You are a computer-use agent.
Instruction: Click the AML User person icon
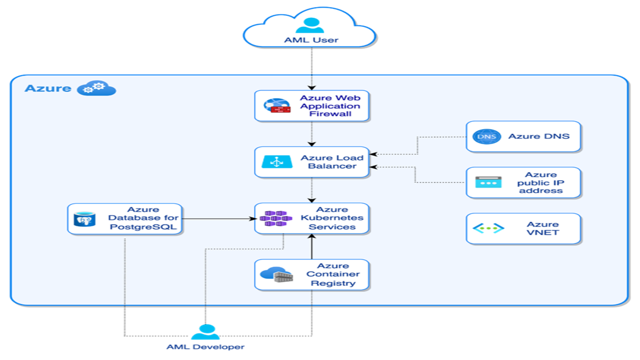310,25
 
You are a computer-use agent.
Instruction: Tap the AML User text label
311,40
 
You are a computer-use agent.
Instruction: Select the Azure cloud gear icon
96,88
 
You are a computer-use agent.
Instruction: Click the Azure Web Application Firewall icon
276,106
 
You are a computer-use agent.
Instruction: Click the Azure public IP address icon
487,182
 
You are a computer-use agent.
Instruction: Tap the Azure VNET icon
488,228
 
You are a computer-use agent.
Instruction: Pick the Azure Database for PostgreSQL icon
84,218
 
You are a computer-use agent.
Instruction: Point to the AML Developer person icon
205,332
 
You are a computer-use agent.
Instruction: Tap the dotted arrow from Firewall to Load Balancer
311,134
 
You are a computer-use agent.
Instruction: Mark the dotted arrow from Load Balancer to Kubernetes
311,190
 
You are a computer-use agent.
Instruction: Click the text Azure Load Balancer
332,162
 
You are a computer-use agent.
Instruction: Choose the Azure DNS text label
538,136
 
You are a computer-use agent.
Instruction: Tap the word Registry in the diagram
333,283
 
